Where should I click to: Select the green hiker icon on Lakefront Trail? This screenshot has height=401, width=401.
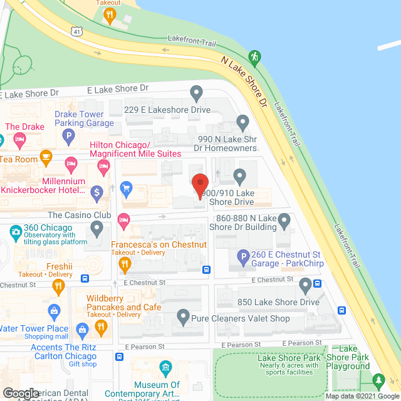[254, 56]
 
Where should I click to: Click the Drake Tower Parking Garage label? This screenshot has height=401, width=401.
[85, 118]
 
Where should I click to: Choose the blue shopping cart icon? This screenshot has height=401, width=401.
[126, 187]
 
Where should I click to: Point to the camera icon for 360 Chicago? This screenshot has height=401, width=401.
[15, 232]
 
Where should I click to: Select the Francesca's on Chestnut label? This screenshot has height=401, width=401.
[159, 244]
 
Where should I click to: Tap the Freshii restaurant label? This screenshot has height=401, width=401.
[60, 266]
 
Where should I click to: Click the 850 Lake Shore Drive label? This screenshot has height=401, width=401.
[278, 302]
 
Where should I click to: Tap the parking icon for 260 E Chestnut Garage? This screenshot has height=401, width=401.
[243, 256]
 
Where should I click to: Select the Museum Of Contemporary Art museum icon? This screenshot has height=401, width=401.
[165, 367]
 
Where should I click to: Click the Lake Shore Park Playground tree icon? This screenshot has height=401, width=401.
[378, 380]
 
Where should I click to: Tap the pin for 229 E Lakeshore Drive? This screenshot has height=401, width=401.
[197, 94]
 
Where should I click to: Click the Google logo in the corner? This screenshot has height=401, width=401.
[21, 393]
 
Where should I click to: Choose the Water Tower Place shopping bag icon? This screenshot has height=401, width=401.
[55, 311]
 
